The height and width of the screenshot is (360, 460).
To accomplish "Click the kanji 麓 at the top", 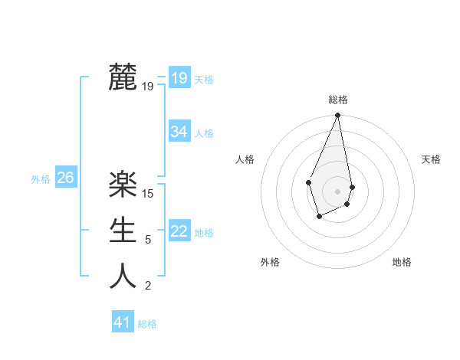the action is (123, 77).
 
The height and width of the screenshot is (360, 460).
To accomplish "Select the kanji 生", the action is (123, 230).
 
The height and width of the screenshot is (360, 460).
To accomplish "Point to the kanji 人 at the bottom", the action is (123, 277).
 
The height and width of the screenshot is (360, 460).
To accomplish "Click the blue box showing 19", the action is (179, 78).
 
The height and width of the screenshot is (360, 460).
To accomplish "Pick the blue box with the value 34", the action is (179, 132).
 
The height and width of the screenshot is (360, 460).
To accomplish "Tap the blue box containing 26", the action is (65, 178).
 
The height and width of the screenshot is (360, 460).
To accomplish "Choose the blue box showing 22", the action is (179, 231).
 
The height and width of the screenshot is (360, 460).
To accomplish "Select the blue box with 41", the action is (123, 322).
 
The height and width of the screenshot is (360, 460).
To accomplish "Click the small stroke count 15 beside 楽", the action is (148, 193).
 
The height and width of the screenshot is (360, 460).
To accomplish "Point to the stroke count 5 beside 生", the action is (148, 240).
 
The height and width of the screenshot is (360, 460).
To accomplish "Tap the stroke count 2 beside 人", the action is (148, 286).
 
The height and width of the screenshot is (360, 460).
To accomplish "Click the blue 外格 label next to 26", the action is (41, 179).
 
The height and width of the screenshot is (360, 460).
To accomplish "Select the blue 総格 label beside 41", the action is (147, 324).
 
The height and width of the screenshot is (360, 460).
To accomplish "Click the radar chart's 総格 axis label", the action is (337, 100).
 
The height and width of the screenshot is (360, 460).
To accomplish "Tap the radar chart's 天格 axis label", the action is (431, 159).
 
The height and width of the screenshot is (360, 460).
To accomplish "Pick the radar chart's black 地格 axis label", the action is (402, 262).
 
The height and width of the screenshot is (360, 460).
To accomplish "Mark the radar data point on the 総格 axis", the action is (337, 116).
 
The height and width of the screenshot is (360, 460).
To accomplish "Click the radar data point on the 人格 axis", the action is (308, 182).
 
